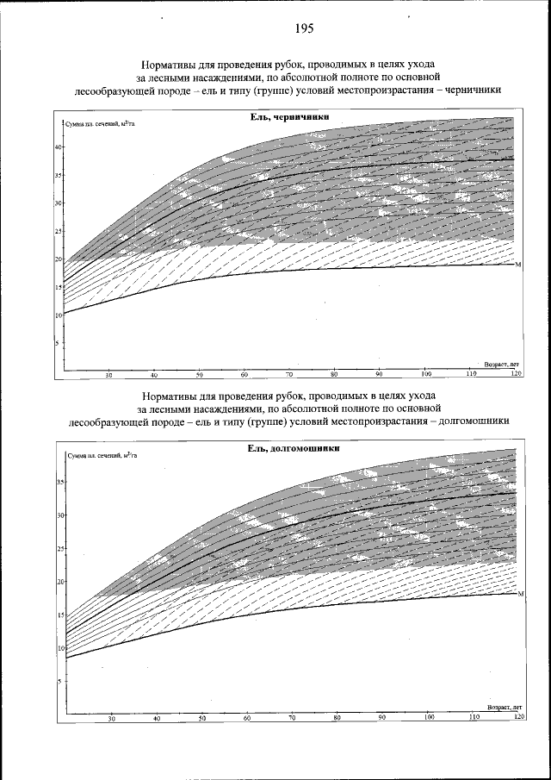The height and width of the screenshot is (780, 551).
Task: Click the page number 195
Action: click(304, 28)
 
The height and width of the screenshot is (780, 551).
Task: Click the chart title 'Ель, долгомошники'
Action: click(288, 450)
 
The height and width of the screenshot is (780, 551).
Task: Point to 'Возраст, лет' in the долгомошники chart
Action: click(505, 707)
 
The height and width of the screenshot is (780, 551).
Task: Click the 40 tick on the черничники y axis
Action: click(59, 147)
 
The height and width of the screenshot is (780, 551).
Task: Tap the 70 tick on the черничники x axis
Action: click(290, 375)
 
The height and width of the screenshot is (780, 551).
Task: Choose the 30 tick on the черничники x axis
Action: click(109, 375)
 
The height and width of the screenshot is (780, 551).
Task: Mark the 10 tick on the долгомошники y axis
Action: click(60, 648)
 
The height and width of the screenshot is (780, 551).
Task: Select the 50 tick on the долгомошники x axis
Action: click(202, 717)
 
